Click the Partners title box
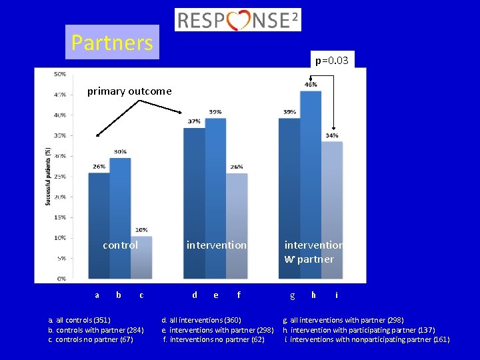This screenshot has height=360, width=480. click(112, 43)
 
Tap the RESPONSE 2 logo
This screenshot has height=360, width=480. click(238, 20)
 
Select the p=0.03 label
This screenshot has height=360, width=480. click(331, 61)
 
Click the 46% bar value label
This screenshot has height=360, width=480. click(311, 85)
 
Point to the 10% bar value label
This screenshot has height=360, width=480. click(141, 230)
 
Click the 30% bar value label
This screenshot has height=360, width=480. click(120, 151)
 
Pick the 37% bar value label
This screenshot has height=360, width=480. click(194, 121)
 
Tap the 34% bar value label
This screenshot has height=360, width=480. click(332, 135)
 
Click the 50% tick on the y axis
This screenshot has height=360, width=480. click(59, 74)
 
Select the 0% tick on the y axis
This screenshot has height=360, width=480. click(61, 278)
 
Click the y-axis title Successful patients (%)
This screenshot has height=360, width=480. click(48, 176)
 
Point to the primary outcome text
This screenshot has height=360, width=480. click(129, 91)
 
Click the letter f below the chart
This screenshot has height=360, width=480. click(239, 295)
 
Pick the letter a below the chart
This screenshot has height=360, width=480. click(97, 295)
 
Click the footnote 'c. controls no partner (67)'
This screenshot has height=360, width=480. click(91, 339)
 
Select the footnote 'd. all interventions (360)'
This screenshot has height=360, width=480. click(201, 321)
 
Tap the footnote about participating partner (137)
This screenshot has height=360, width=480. click(359, 330)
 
